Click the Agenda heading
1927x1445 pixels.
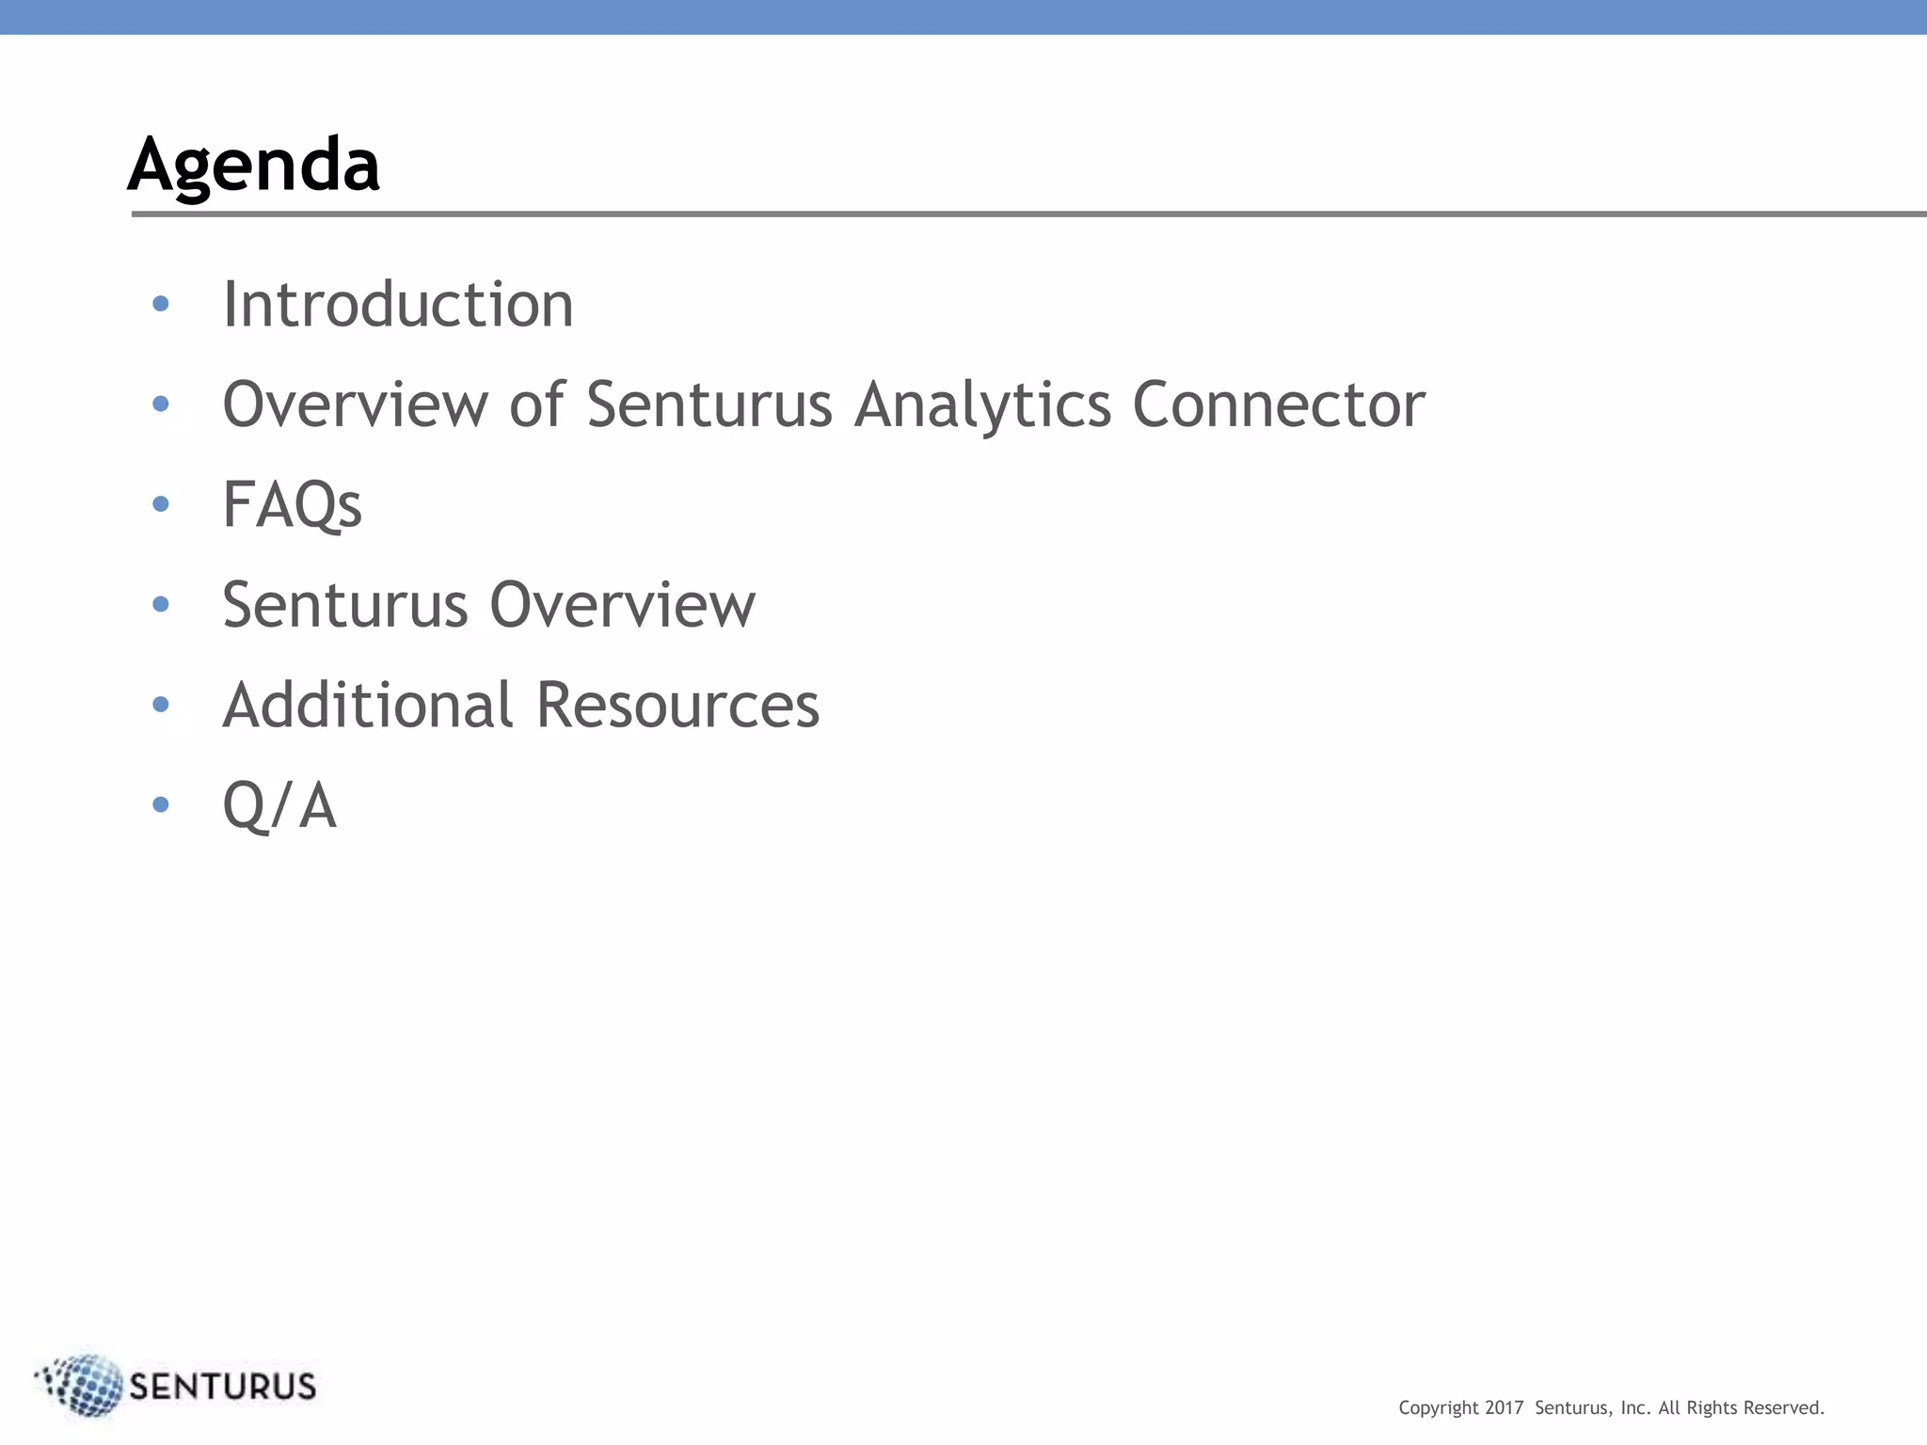tap(254, 165)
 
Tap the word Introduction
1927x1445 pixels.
tap(397, 305)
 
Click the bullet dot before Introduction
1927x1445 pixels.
tap(161, 304)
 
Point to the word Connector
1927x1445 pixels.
tap(1279, 405)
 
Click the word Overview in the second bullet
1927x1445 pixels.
tap(355, 405)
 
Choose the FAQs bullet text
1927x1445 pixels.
tap(292, 505)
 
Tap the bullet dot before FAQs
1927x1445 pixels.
tap(161, 504)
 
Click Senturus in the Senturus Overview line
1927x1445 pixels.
tap(344, 605)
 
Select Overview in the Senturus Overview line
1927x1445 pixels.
tap(622, 605)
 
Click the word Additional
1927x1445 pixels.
tap(368, 705)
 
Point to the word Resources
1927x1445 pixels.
tap(677, 705)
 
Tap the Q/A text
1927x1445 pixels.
tap(279, 806)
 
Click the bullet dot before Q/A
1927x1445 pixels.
tap(161, 804)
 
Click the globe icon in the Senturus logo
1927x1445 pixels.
tap(83, 1385)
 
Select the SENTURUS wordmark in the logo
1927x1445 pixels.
tap(222, 1387)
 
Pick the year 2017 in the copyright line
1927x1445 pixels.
tap(1504, 1408)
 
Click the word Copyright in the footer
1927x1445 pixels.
tap(1439, 1408)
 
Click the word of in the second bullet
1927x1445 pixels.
tap(536, 405)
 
